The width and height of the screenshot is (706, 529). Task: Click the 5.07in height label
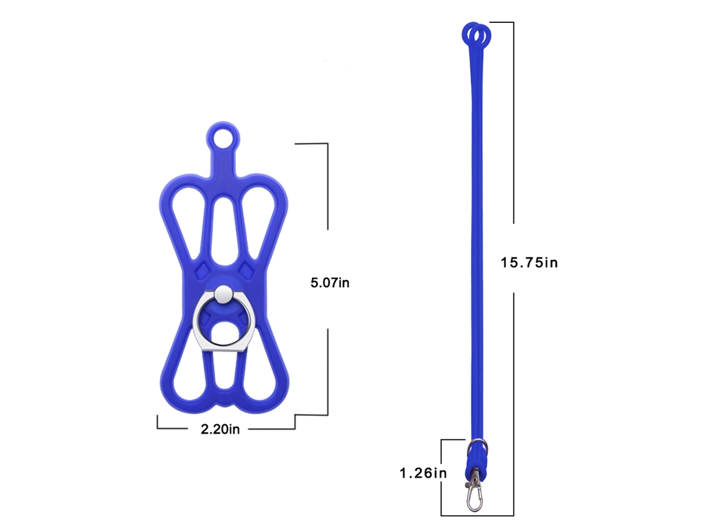329,283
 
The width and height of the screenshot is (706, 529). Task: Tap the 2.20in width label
220,429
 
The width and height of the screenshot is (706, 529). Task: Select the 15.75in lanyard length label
529,262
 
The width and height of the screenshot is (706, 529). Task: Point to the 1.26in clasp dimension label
423,473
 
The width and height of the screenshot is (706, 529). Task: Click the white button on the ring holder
224,295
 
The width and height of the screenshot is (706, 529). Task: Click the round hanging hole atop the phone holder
223,137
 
